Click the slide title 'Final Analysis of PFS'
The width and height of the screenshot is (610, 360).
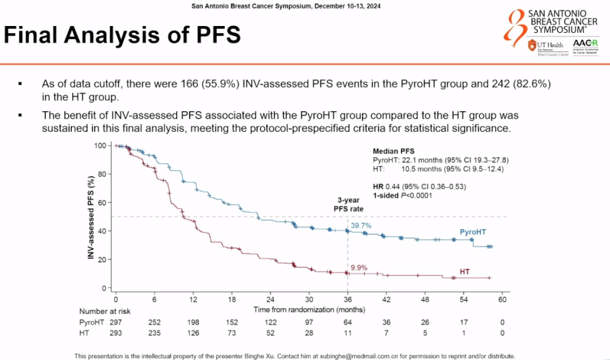pos(122,36)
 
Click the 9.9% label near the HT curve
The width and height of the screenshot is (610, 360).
pos(359,267)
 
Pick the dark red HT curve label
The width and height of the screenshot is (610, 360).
pos(465,272)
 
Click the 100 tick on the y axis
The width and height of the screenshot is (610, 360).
pos(100,146)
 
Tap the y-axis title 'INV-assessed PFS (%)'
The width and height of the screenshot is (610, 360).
pos(90,216)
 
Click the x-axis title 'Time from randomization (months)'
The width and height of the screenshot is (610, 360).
pos(309,310)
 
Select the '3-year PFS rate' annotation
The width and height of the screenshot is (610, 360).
pos(347,204)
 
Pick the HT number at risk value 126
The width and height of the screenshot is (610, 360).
pos(193,333)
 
